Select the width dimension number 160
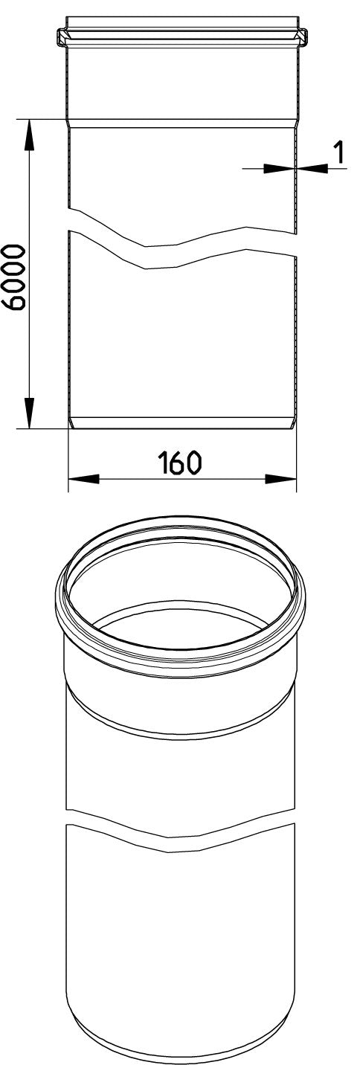coord(180,463)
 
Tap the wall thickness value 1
coord(338,152)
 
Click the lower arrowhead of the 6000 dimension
coord(29,413)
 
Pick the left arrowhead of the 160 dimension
coord(84,478)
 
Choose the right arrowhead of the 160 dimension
coord(280,478)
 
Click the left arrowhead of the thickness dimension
coord(278,168)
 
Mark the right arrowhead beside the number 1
coord(312,168)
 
